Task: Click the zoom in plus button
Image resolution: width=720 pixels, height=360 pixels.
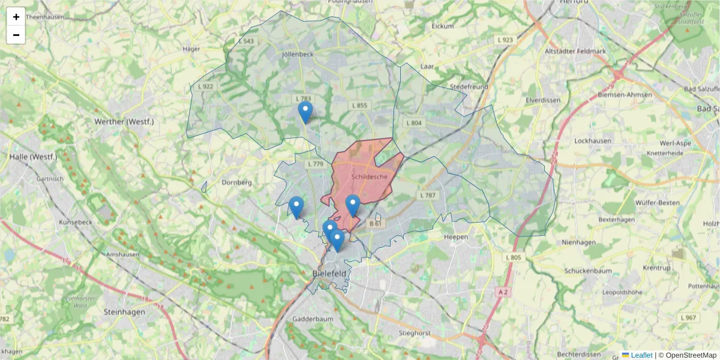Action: (x=16, y=17)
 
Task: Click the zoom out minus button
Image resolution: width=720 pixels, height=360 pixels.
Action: (x=16, y=35)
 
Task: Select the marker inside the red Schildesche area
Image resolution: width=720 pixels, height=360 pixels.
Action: (x=353, y=205)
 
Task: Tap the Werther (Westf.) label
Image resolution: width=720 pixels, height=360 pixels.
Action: (x=124, y=122)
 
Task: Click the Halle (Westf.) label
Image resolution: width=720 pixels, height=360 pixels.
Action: (x=33, y=157)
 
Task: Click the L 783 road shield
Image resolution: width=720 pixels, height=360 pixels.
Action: (x=303, y=98)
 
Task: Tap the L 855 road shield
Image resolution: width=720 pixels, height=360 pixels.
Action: (x=359, y=106)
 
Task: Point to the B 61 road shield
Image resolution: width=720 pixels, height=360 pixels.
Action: (x=376, y=224)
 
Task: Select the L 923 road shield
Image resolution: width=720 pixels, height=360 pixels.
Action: (x=505, y=40)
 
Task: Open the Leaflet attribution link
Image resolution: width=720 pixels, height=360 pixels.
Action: (x=641, y=355)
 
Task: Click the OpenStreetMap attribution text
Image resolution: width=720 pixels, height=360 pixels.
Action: (x=688, y=355)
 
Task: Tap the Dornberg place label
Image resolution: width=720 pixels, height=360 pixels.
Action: (x=236, y=182)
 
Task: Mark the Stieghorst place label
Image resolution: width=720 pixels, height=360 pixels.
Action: (x=416, y=332)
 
